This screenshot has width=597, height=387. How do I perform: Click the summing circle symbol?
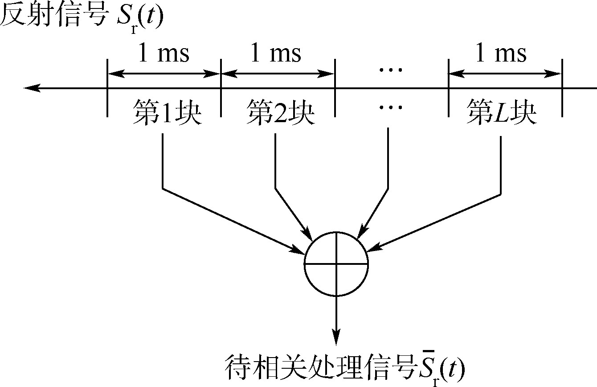(x=336, y=263)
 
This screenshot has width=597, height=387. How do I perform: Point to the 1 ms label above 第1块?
(x=164, y=54)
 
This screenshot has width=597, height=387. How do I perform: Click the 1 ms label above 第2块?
(x=276, y=54)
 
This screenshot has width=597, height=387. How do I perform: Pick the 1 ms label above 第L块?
(x=501, y=54)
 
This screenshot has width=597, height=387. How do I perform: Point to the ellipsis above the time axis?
(x=390, y=69)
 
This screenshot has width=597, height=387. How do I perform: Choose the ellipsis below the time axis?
(x=390, y=107)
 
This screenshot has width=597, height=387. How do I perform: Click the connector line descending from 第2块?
(x=275, y=161)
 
